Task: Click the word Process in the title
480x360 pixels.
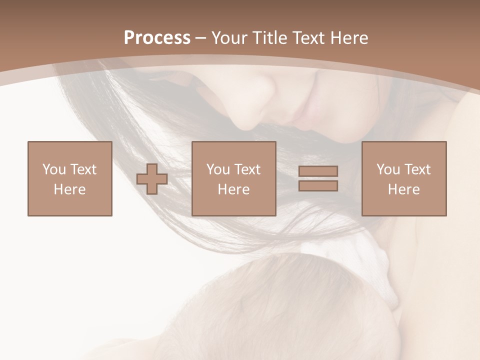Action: pyautogui.click(x=157, y=38)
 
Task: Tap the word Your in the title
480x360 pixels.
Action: pyautogui.click(x=228, y=38)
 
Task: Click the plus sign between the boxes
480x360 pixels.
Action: pyautogui.click(x=152, y=179)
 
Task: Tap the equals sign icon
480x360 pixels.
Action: pyautogui.click(x=318, y=178)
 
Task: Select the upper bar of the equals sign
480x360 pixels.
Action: pyautogui.click(x=318, y=171)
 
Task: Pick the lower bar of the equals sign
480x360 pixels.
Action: pyautogui.click(x=318, y=185)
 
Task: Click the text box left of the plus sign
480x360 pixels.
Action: pyautogui.click(x=70, y=178)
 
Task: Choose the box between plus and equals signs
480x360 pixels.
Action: pyautogui.click(x=234, y=178)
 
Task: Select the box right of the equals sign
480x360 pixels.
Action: pyautogui.click(x=404, y=178)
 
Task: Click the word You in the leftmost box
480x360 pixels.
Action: pyautogui.click(x=54, y=169)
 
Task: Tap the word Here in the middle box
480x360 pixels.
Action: pyautogui.click(x=234, y=189)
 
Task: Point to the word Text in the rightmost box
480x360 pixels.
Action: pyautogui.click(x=418, y=169)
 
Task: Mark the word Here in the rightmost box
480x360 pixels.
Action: pyautogui.click(x=404, y=189)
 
